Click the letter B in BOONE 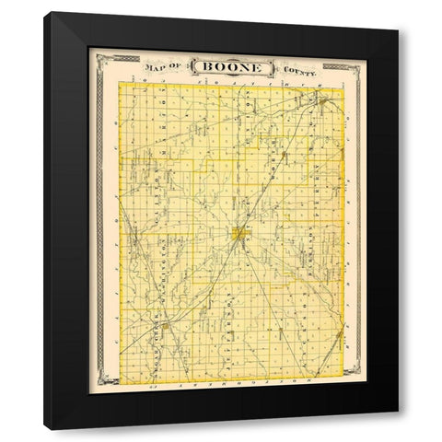[x=206, y=68]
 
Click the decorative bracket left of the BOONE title [x=191, y=68]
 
